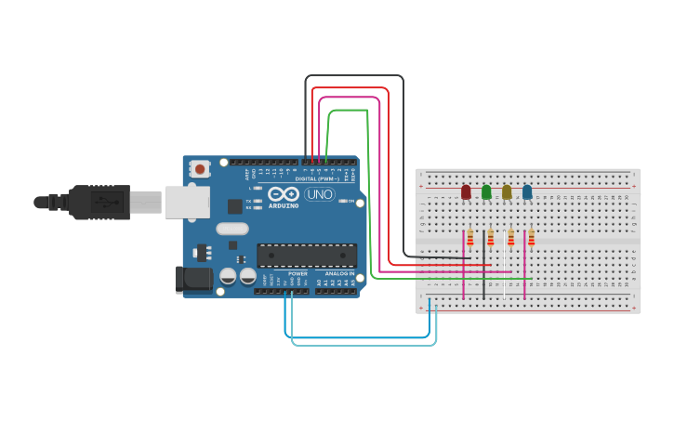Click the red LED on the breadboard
coord(466,192)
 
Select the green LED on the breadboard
coord(486,192)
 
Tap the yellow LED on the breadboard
coord(507,192)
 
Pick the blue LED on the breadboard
coord(527,192)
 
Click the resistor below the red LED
coord(470,238)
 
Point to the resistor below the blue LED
coord(532,238)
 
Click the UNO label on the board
coord(320,194)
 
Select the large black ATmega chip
coord(307,256)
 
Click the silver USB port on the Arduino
coord(187,202)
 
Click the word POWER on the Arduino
coord(297,274)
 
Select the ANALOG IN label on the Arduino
coord(339,274)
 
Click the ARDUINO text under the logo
coord(284,205)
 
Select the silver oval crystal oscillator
coord(232,229)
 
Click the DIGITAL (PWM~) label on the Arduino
coord(316,179)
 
